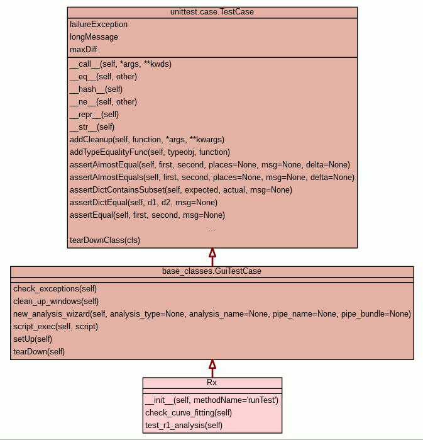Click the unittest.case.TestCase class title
click(212, 13)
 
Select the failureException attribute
click(99, 25)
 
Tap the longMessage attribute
click(94, 37)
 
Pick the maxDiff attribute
click(84, 50)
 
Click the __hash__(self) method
click(96, 89)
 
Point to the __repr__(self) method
click(94, 115)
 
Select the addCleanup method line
click(147, 140)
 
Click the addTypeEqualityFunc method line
click(150, 152)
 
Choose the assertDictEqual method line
click(143, 203)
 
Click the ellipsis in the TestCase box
click(212, 228)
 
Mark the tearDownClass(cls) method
click(105, 240)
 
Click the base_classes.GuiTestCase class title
click(212, 272)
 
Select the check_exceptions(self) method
click(55, 289)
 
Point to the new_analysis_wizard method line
click(212, 314)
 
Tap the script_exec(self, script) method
click(56, 327)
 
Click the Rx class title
click(212, 383)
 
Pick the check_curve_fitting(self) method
click(189, 413)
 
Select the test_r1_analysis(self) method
click(184, 426)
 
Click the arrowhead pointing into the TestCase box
click(212, 253)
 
